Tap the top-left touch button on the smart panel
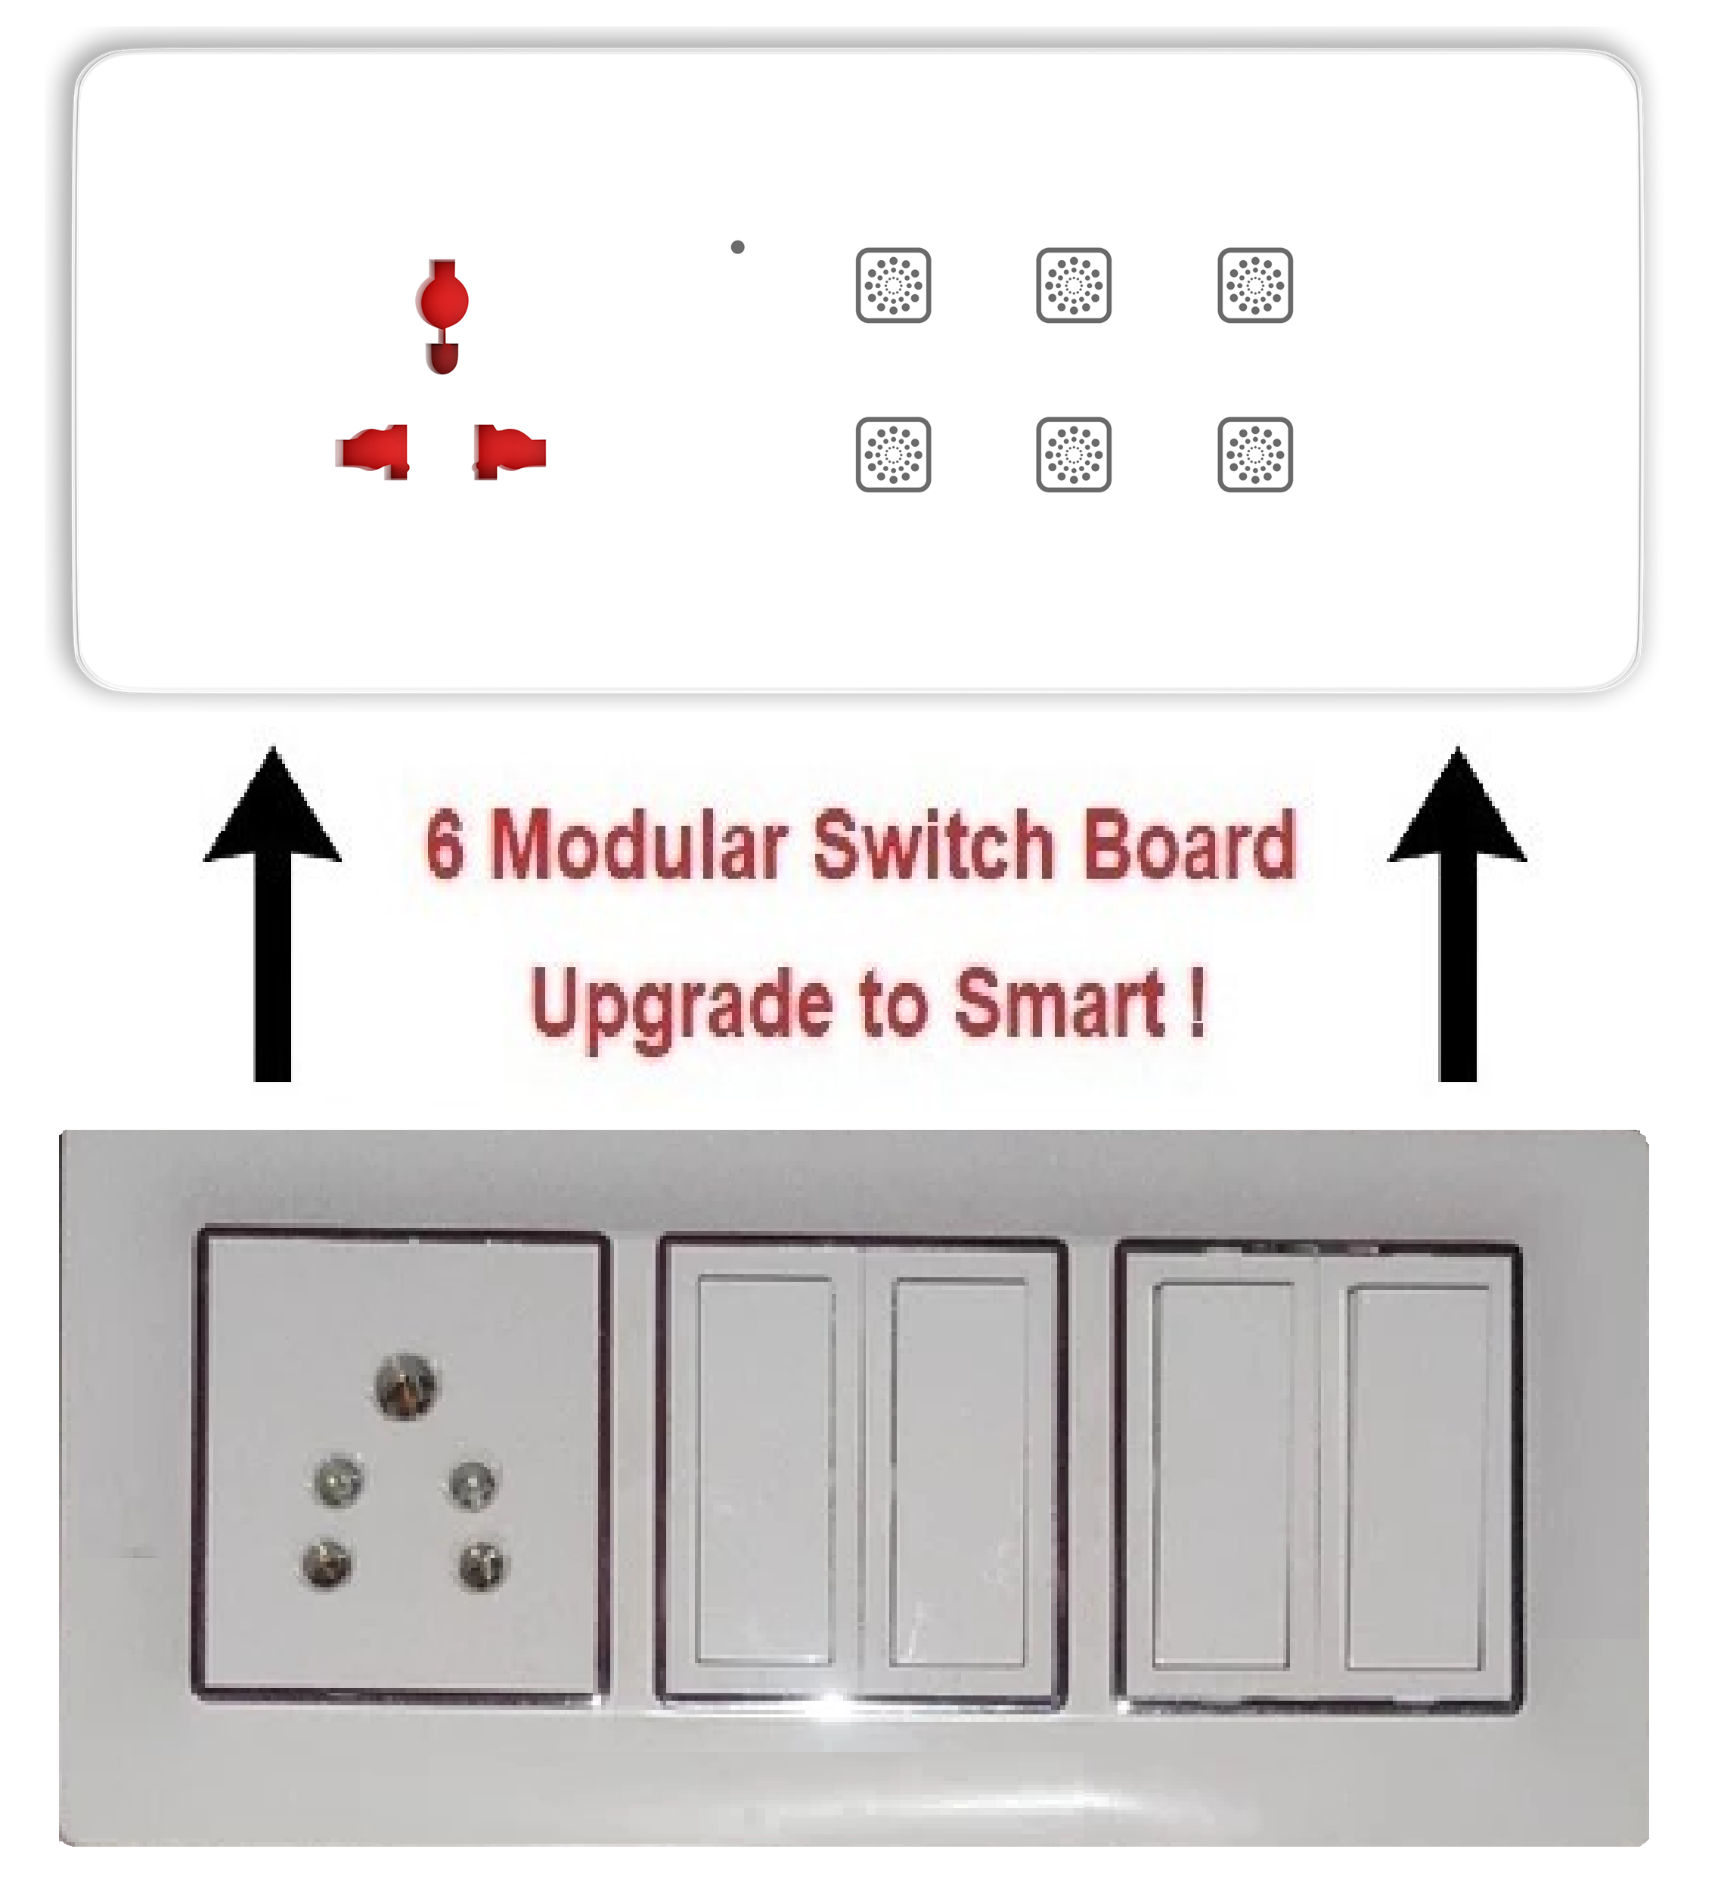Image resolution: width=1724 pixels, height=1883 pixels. [894, 285]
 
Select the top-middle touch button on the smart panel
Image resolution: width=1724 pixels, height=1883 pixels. [1074, 285]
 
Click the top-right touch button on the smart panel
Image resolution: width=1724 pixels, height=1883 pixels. [1256, 285]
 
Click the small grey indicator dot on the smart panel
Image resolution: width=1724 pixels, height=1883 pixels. [738, 247]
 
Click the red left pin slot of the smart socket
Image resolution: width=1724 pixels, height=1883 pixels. [373, 451]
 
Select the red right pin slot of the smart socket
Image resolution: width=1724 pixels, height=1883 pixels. [510, 451]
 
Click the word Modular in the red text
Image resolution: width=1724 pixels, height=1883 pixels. [640, 845]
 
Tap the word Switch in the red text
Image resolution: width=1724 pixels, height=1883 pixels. [934, 845]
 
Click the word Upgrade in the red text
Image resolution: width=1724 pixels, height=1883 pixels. [682, 1007]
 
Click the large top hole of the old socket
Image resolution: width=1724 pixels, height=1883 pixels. [405, 1385]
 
